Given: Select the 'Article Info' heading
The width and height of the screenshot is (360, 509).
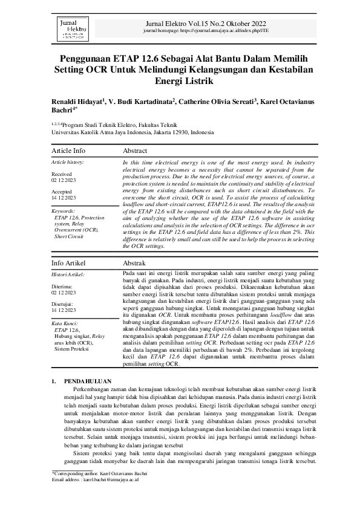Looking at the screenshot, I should (x=68, y=151).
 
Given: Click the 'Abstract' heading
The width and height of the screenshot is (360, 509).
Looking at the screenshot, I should (x=136, y=151).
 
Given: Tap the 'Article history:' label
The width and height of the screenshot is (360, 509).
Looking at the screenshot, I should (x=68, y=162).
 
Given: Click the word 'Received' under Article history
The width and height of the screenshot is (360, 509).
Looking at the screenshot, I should (x=61, y=173).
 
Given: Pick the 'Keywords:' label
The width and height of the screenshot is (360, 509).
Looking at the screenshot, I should (x=63, y=211).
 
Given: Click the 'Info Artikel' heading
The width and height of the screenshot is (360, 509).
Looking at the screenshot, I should (x=68, y=264).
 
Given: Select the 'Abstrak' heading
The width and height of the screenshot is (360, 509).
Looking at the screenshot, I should (x=134, y=264).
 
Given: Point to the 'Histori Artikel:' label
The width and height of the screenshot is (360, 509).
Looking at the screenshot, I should (x=68, y=274).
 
